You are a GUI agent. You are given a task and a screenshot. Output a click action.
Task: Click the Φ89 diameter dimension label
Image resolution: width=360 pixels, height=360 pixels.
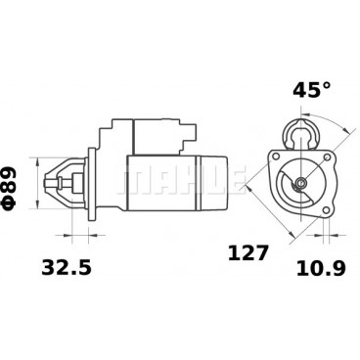[x=9, y=188]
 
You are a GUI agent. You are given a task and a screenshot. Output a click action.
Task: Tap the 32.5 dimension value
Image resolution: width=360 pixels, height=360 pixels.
[x=67, y=268]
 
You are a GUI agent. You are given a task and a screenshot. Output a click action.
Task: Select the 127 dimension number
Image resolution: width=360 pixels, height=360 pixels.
[x=248, y=253]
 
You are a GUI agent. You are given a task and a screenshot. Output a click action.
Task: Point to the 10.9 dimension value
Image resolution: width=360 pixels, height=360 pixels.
[x=321, y=269]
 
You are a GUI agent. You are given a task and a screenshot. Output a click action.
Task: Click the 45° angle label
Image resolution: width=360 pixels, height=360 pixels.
[x=312, y=90]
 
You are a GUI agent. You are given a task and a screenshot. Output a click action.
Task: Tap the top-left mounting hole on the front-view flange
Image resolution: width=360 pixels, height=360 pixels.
[x=276, y=156]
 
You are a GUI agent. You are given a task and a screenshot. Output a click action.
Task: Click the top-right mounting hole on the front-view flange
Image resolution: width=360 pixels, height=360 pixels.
[x=327, y=157]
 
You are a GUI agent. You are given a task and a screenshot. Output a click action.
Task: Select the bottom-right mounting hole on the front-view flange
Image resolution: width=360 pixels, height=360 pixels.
[x=327, y=210]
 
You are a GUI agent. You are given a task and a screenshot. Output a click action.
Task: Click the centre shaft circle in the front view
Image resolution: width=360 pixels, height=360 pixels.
[x=300, y=183]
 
